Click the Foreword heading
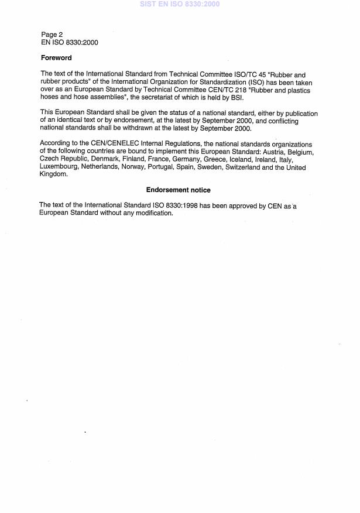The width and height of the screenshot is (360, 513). pos(56,58)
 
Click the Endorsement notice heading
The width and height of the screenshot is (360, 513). pos(178,190)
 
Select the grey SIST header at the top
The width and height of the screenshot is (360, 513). pos(180,4)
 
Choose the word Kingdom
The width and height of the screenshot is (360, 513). pos(53,175)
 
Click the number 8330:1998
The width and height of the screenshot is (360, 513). pos(181,205)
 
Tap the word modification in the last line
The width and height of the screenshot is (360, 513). pos(153,213)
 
